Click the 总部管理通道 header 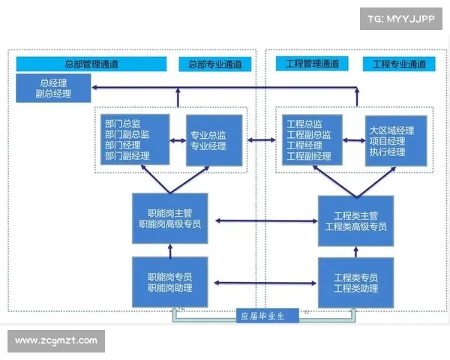[91, 64]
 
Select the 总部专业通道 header [215, 64]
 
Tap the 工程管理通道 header [312, 64]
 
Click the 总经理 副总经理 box [53, 88]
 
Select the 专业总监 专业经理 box [214, 140]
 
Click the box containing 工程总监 [312, 140]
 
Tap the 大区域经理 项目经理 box [397, 140]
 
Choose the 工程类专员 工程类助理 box [356, 282]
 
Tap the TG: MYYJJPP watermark [400, 19]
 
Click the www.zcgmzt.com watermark [56, 340]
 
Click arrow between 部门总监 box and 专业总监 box [178, 139]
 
